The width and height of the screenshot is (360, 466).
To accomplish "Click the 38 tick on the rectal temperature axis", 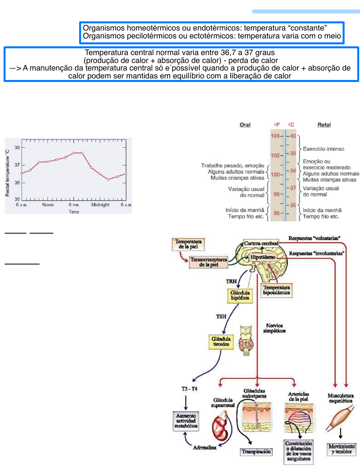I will pos(17,147).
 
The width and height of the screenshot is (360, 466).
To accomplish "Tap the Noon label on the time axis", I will pos(48,205).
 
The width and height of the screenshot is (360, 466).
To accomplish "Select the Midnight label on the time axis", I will pos(100,205).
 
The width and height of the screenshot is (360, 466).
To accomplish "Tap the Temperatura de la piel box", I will pos(188,244).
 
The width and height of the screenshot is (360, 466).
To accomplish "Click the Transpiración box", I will pos(256,451).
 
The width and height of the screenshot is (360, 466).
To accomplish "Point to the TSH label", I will pos(210,317).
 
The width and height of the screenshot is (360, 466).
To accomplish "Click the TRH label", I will pos(231,281).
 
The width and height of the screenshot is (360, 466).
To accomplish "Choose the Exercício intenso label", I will pos(323,149).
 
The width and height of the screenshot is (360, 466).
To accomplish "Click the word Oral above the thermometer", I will pos(245,125).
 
